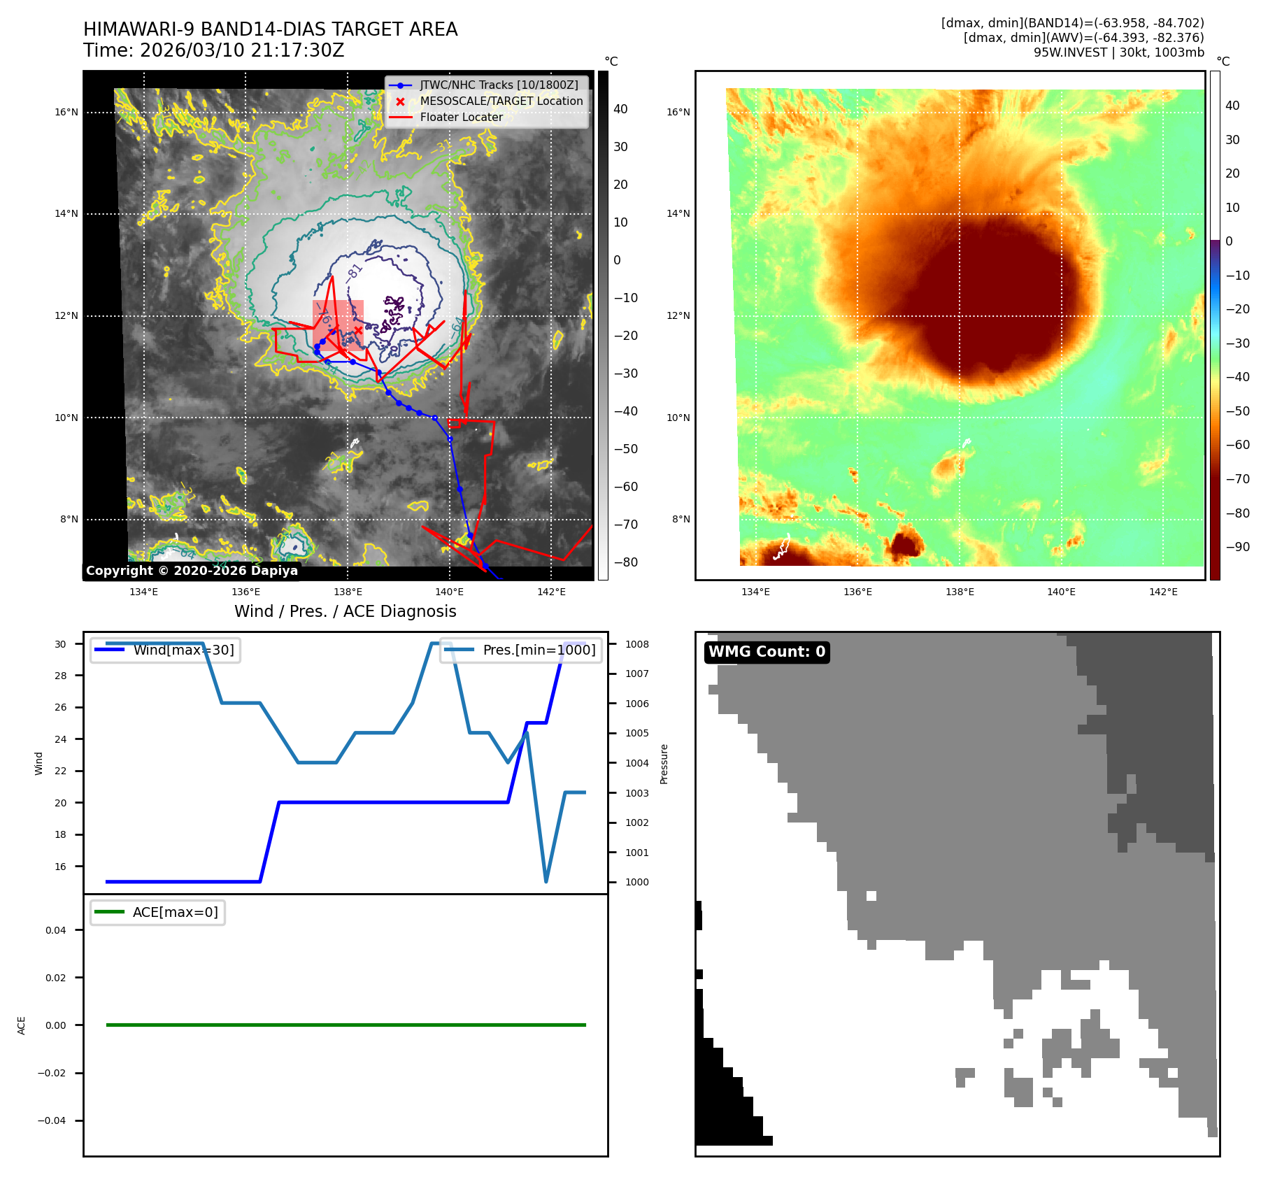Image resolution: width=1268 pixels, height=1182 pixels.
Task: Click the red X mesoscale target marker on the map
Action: pos(358,330)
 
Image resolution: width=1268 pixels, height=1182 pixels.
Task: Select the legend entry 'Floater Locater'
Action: pos(461,118)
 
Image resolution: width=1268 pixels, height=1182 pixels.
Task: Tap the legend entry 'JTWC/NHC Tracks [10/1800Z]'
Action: pos(499,85)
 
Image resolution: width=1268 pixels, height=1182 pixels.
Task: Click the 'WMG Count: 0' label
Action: pos(767,652)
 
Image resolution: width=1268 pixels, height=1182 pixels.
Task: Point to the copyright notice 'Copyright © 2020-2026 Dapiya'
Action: pos(192,571)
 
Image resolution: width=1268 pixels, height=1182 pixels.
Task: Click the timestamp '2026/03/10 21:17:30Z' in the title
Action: pos(242,51)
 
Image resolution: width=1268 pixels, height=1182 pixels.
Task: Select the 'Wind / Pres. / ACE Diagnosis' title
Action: pos(345,611)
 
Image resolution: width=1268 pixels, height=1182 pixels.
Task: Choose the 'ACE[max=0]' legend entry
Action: pos(175,912)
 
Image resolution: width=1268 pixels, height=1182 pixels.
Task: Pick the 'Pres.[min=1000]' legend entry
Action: pos(539,650)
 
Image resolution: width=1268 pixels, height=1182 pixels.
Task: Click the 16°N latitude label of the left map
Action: pos(66,112)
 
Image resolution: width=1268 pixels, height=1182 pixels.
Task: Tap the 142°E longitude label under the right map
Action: pos(1163,592)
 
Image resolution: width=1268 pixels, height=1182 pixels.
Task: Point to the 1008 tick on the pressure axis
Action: pos(636,644)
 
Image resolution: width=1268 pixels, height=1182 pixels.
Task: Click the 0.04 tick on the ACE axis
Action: pos(56,930)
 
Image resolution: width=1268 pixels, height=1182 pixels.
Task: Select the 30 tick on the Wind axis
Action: pos(61,644)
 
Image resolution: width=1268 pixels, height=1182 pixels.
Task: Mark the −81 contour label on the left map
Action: pos(354,271)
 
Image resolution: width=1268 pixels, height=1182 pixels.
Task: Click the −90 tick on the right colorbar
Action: pos(1237,547)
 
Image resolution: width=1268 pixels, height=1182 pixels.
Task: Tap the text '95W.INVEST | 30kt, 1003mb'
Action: pos(1118,52)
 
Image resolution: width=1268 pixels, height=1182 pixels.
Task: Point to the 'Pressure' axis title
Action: pos(664,764)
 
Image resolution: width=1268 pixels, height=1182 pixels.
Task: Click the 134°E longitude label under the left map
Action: pos(144,592)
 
